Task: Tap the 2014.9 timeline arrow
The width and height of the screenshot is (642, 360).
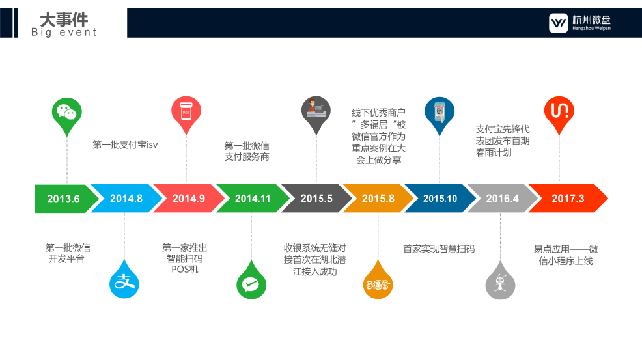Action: coord(189,199)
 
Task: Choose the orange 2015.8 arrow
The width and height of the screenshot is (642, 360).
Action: coord(378,199)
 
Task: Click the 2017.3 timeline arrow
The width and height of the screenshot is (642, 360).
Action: coord(568,199)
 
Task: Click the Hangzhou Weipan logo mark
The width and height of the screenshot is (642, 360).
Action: coord(559,23)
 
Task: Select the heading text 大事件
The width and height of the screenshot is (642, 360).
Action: coord(64,20)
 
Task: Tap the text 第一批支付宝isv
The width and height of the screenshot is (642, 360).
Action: coord(125,145)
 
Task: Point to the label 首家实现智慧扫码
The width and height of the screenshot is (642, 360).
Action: coord(439,249)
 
